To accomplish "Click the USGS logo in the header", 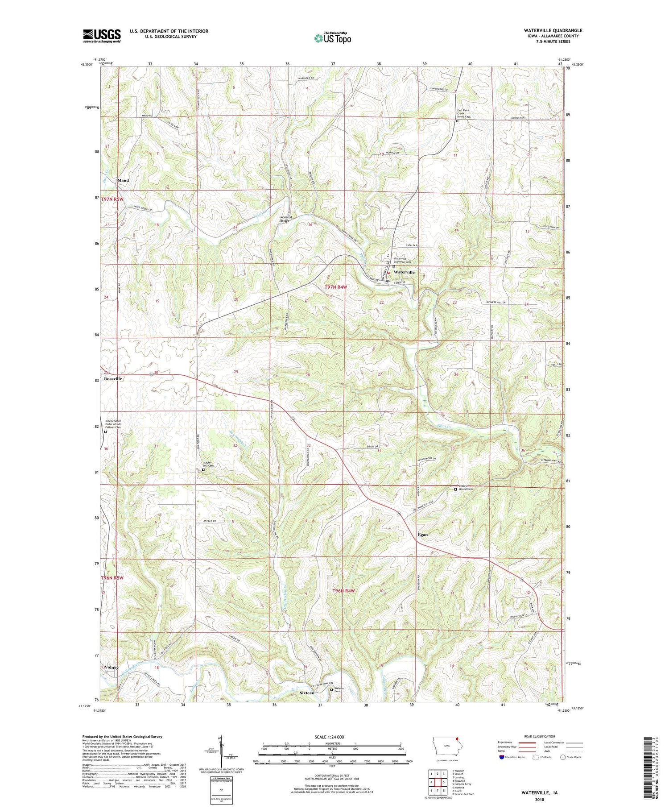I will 102,36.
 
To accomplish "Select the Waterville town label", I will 404,272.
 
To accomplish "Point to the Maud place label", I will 123,180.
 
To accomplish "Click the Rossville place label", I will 113,378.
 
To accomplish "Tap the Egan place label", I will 423,534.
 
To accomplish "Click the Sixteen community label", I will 307,693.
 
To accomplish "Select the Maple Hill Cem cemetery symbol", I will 204,469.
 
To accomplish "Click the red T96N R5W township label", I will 112,577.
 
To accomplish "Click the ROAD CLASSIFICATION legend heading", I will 540,736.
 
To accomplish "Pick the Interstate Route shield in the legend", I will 502,757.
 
